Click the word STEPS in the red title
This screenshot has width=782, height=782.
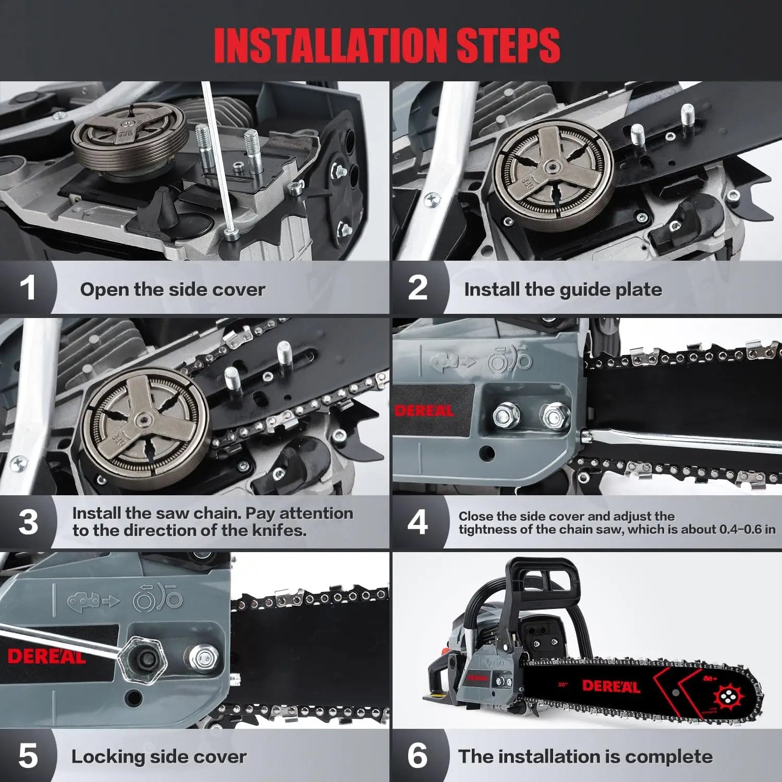click(x=508, y=45)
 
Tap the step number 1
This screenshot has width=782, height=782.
click(x=28, y=288)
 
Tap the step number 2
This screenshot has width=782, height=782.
click(x=417, y=288)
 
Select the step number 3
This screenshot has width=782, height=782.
click(x=28, y=522)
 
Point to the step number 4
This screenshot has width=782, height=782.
click(x=417, y=522)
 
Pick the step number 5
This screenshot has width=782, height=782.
click(x=28, y=756)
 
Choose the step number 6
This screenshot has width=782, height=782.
click(x=417, y=756)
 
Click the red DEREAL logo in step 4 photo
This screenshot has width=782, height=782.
click(x=424, y=411)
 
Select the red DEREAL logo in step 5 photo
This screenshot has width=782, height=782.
click(x=46, y=656)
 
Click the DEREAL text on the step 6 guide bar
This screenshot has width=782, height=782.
click(x=610, y=686)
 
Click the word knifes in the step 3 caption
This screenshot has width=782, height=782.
click(x=280, y=531)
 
